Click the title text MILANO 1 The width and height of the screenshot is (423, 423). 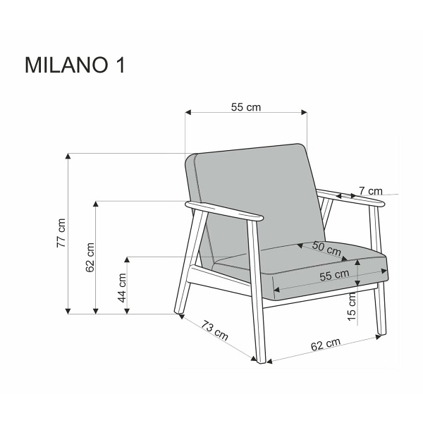click(75, 64)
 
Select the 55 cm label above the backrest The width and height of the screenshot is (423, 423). click(246, 106)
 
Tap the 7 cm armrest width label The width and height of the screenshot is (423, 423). click(370, 190)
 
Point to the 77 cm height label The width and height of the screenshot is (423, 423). click(61, 232)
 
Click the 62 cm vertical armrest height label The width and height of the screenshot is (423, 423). click(90, 258)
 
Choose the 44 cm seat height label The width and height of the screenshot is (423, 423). click(121, 287)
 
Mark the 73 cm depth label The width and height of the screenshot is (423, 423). click(215, 329)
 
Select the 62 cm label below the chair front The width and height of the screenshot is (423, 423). click(325, 345)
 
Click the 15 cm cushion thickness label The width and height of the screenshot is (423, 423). click(352, 305)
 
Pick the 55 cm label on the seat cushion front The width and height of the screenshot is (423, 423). click(333, 275)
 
